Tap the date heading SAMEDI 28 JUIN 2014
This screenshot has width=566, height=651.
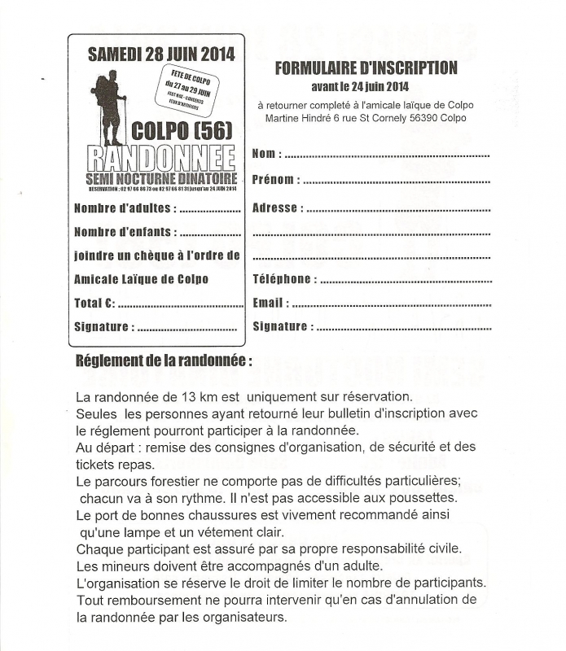coord(160,55)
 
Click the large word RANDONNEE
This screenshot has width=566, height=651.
coord(160,159)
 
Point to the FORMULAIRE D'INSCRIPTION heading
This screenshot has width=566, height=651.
coord(366,68)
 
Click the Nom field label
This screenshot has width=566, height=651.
coord(267,154)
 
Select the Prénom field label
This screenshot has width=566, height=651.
coord(275,180)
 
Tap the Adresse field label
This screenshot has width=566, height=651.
coord(275,208)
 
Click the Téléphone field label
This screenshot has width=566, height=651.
coord(282,279)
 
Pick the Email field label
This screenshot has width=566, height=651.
coord(270,303)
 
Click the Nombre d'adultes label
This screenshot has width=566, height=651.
coord(125,208)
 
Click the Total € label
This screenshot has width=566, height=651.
coord(94,303)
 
